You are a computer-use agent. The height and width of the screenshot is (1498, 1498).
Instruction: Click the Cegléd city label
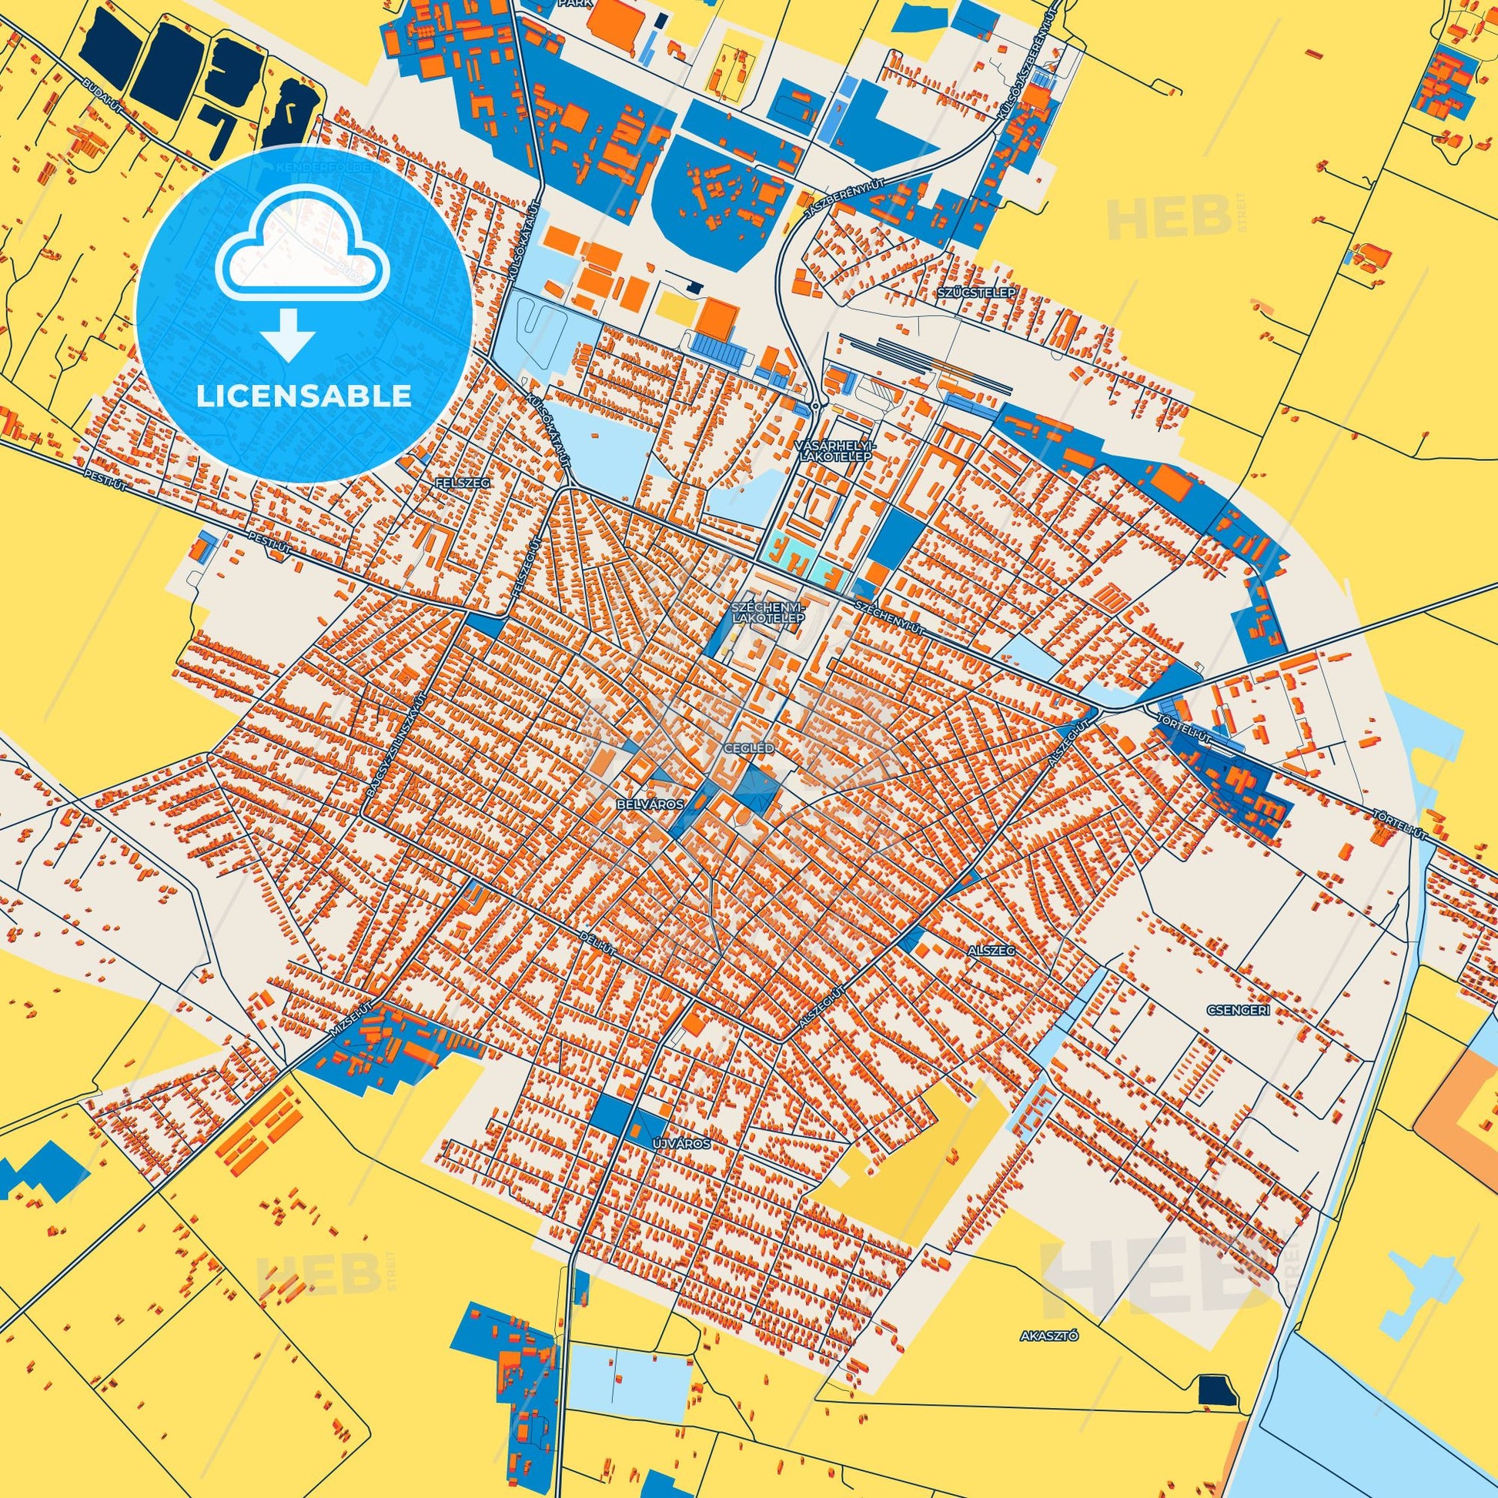[748, 749]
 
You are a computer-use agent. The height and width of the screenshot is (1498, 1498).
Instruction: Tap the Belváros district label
[650, 805]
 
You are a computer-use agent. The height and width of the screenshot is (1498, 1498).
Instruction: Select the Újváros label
[681, 1144]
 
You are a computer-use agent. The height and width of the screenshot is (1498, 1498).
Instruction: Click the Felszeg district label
[463, 483]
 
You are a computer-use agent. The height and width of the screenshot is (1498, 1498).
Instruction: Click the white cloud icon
[304, 259]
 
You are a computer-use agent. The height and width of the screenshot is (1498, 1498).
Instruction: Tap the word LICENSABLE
[304, 396]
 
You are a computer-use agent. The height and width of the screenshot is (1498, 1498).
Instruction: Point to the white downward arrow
[289, 335]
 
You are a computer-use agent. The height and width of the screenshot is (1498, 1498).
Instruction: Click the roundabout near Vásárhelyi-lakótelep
[816, 406]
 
